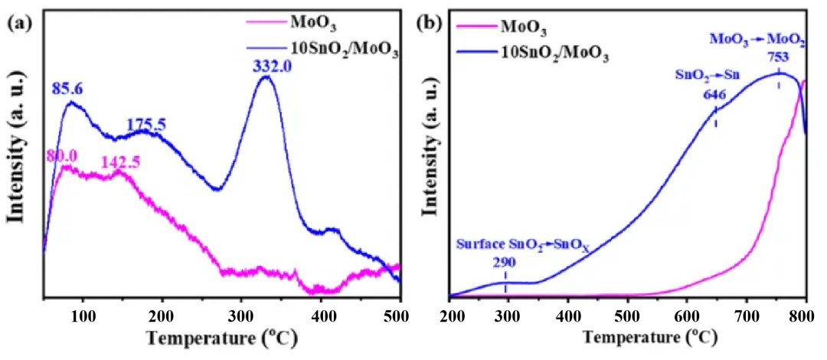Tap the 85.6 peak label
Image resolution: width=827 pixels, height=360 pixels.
click(x=67, y=90)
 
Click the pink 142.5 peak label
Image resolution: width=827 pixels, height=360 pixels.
click(x=122, y=162)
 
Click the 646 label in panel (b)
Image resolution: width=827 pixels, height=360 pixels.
click(x=715, y=95)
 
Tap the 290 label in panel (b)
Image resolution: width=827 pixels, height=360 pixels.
click(x=505, y=263)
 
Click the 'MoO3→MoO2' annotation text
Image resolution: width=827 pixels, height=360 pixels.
click(x=757, y=38)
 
